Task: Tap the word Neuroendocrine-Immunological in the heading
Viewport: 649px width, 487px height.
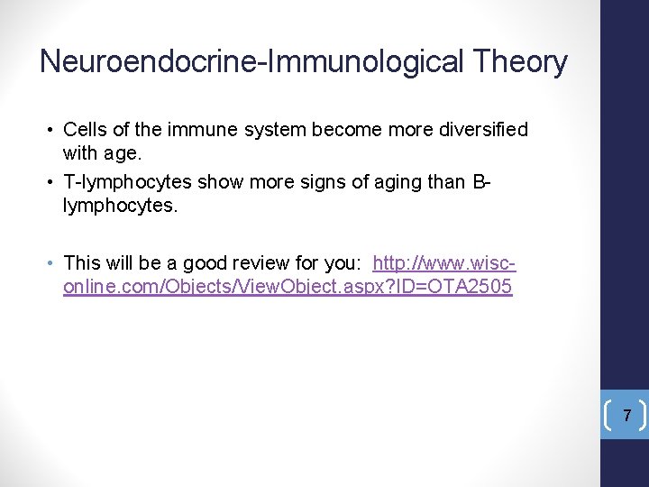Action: pos(249,61)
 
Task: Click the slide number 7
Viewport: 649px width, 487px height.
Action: pos(628,416)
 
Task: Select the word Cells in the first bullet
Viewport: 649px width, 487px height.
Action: pos(84,130)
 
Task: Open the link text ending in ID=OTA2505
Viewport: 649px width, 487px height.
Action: pos(288,287)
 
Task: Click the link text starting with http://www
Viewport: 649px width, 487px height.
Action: pos(443,263)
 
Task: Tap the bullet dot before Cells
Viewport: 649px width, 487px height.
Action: pos(52,130)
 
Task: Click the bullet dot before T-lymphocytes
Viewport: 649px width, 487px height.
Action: pos(52,182)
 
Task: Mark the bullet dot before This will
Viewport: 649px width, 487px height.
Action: pos(52,263)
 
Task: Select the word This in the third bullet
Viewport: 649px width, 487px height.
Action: pos(81,263)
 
